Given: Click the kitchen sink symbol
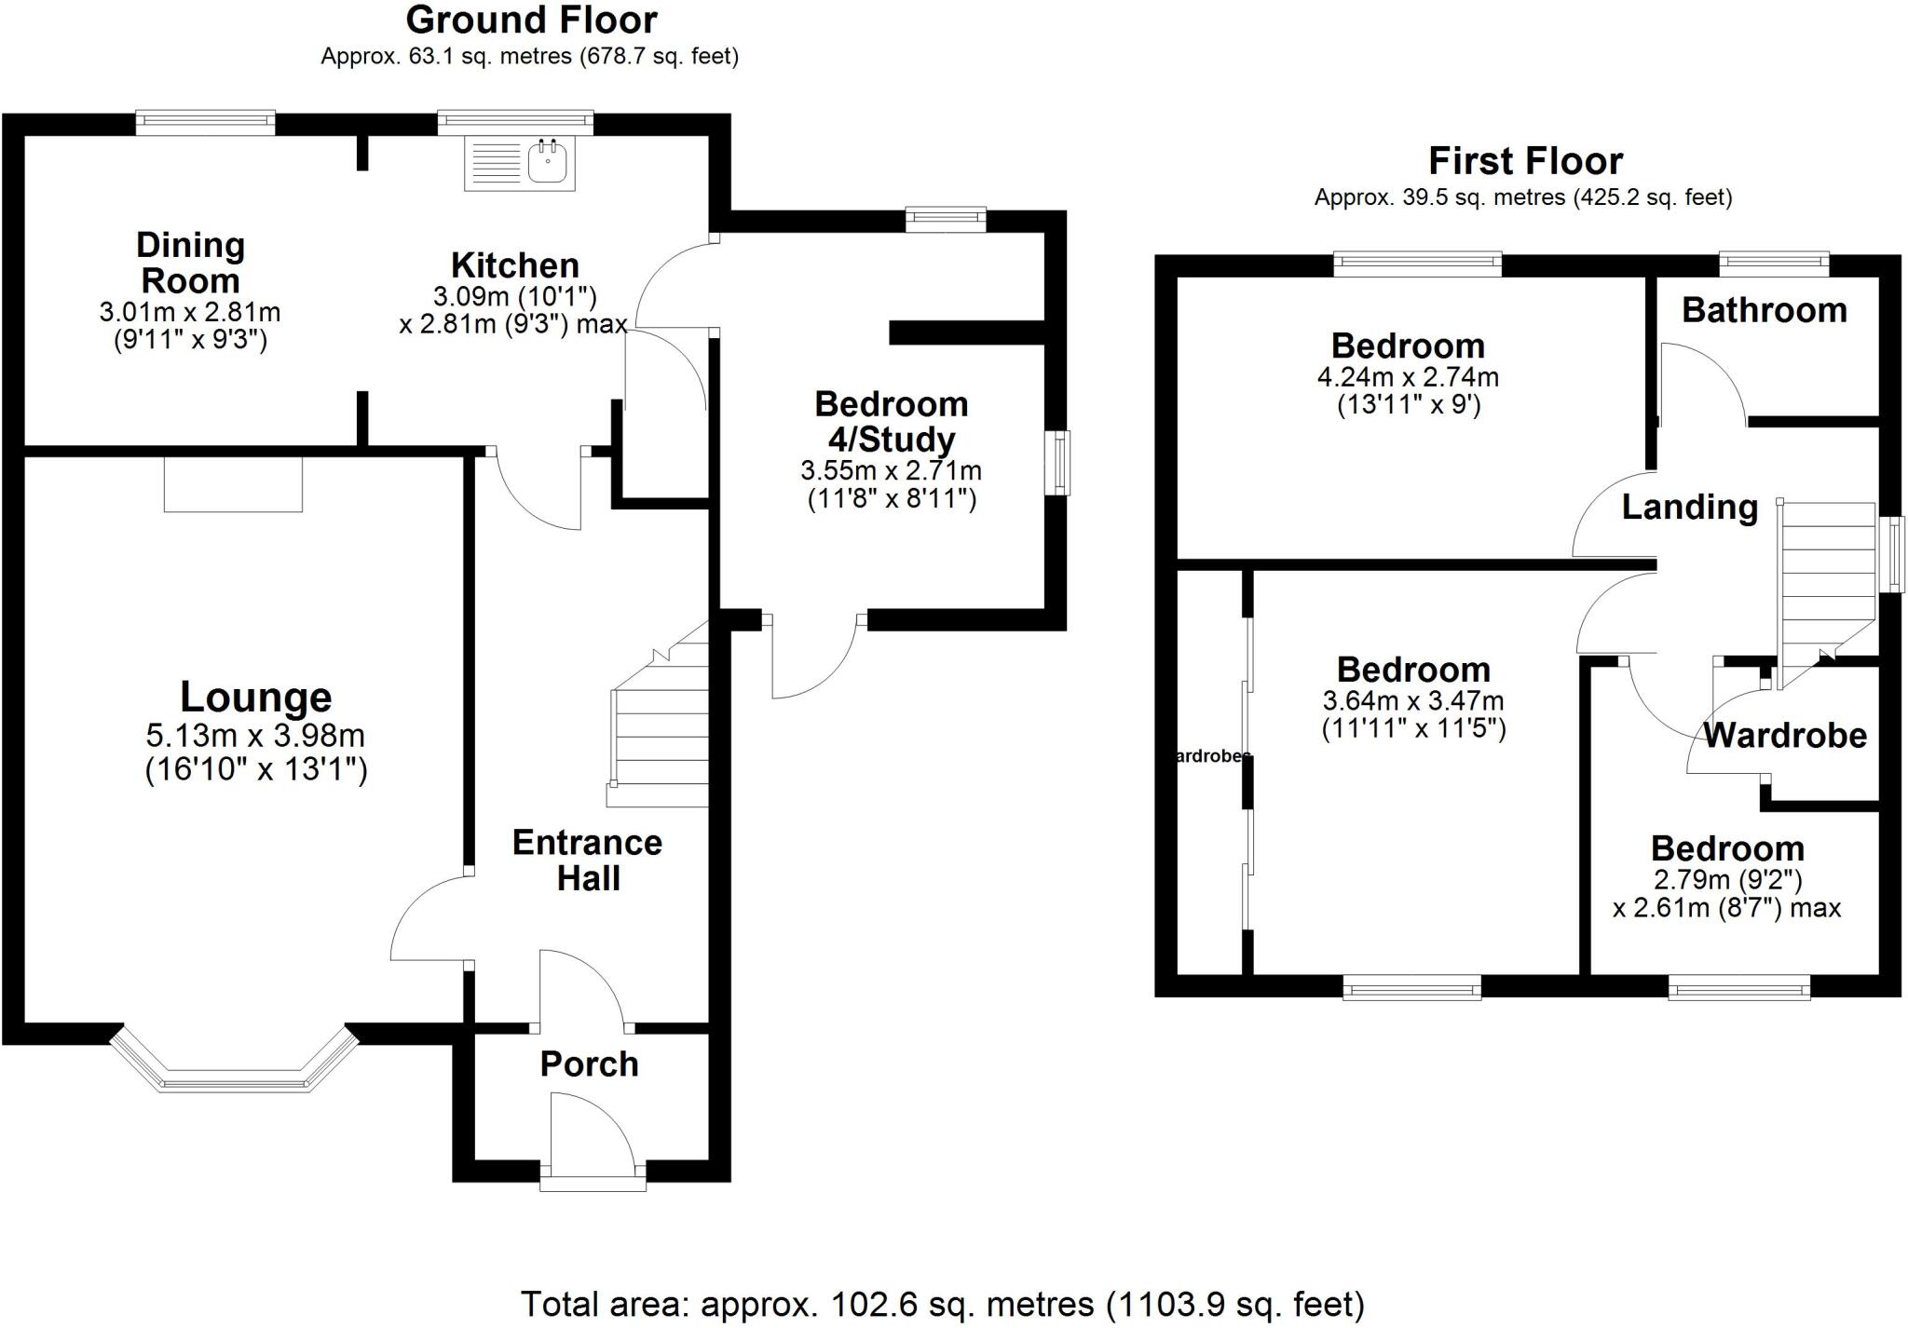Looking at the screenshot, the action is [x=520, y=164].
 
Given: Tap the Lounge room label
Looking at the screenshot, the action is [x=255, y=697].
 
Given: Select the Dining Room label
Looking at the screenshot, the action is [x=190, y=263].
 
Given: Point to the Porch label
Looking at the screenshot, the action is [x=590, y=1064].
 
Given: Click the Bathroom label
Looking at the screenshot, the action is [x=1765, y=310].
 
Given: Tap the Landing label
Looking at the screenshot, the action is [x=1690, y=508].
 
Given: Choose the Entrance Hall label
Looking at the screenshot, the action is [x=588, y=860].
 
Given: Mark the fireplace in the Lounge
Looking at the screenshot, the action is [x=234, y=484].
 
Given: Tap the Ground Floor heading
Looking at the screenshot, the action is [x=531, y=20].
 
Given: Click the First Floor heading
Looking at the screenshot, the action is [x=1526, y=161].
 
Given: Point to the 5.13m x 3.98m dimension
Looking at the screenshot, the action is [x=255, y=736].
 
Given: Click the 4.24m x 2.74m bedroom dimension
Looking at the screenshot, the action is [x=1408, y=377].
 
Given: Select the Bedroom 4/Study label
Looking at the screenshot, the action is [x=892, y=422].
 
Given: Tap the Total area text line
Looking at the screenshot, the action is [x=943, y=1304].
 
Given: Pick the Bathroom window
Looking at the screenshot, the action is [x=1775, y=264].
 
